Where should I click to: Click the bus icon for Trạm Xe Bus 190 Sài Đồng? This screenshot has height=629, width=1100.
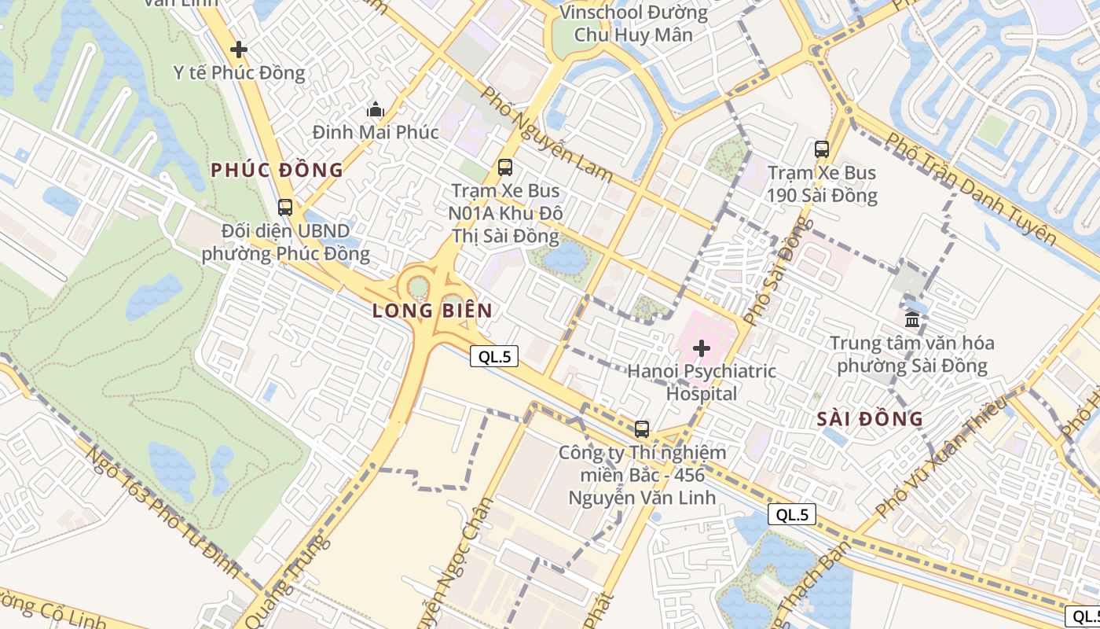[x=822, y=149]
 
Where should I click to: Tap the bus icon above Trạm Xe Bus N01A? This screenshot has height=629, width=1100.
[x=505, y=167]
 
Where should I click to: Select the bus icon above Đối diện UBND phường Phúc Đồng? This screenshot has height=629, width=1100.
[x=285, y=208]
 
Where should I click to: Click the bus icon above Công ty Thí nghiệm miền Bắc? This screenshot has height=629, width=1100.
[x=642, y=429]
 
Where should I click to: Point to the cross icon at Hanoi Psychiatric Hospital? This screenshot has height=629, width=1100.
[x=702, y=348]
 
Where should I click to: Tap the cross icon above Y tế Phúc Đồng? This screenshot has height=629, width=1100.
[x=239, y=50]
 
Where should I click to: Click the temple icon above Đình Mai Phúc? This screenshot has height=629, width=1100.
[x=376, y=109]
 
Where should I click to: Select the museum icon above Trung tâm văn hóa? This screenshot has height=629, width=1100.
[x=912, y=319]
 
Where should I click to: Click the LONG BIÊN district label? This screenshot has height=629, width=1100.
[x=432, y=311]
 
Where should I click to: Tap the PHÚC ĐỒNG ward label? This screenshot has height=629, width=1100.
[x=277, y=170]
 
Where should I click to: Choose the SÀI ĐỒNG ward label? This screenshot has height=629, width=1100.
[x=870, y=419]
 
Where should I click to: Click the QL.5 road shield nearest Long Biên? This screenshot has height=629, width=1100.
[x=495, y=356]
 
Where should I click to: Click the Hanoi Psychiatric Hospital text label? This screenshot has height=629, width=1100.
[x=702, y=382]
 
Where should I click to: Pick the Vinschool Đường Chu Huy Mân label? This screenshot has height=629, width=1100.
[x=633, y=24]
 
